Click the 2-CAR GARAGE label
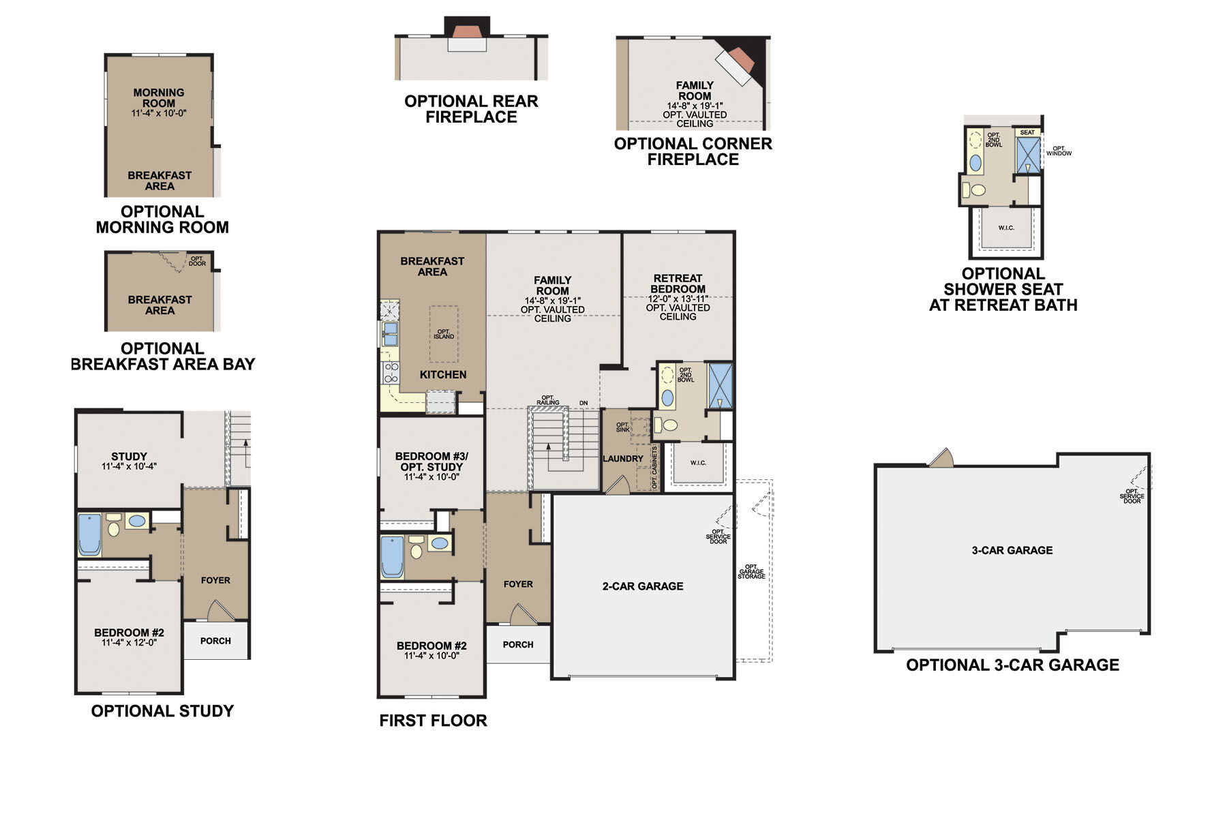[642, 586]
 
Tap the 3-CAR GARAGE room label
[1012, 550]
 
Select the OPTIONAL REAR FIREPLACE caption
[471, 109]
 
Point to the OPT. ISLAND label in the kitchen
[444, 334]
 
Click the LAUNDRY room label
[622, 459]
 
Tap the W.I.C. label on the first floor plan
[698, 463]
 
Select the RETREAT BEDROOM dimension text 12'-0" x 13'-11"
[678, 299]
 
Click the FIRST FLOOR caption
[433, 721]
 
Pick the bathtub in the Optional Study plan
[89, 534]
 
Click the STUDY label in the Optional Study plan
[129, 456]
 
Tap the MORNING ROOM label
[159, 97]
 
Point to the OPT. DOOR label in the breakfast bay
[197, 261]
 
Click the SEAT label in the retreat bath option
[1027, 132]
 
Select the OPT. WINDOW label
[1059, 151]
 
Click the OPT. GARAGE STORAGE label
[751, 571]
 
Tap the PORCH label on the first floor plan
[518, 644]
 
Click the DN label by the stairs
[584, 403]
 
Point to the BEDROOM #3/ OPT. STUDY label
[431, 461]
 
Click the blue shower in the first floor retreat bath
[720, 386]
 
